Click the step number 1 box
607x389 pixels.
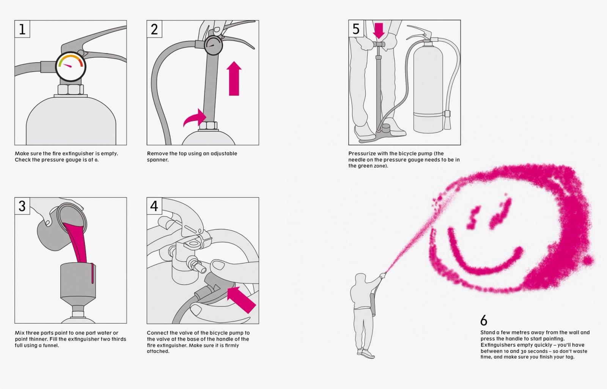coord(22,29)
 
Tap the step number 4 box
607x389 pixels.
coord(154,206)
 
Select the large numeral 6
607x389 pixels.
coord(484,320)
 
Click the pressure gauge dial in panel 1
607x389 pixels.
coord(71,66)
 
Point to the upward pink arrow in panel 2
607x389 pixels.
coord(234,79)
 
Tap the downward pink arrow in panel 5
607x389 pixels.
coord(379,31)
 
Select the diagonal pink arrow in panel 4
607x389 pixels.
coord(241,300)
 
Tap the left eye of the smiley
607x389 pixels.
coord(473,217)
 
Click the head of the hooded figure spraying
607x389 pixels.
coord(360,279)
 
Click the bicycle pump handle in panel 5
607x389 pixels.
coord(379,44)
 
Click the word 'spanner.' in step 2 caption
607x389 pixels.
coord(158,160)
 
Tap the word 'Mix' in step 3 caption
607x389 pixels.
coord(19,332)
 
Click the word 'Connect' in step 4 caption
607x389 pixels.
coord(157,332)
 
